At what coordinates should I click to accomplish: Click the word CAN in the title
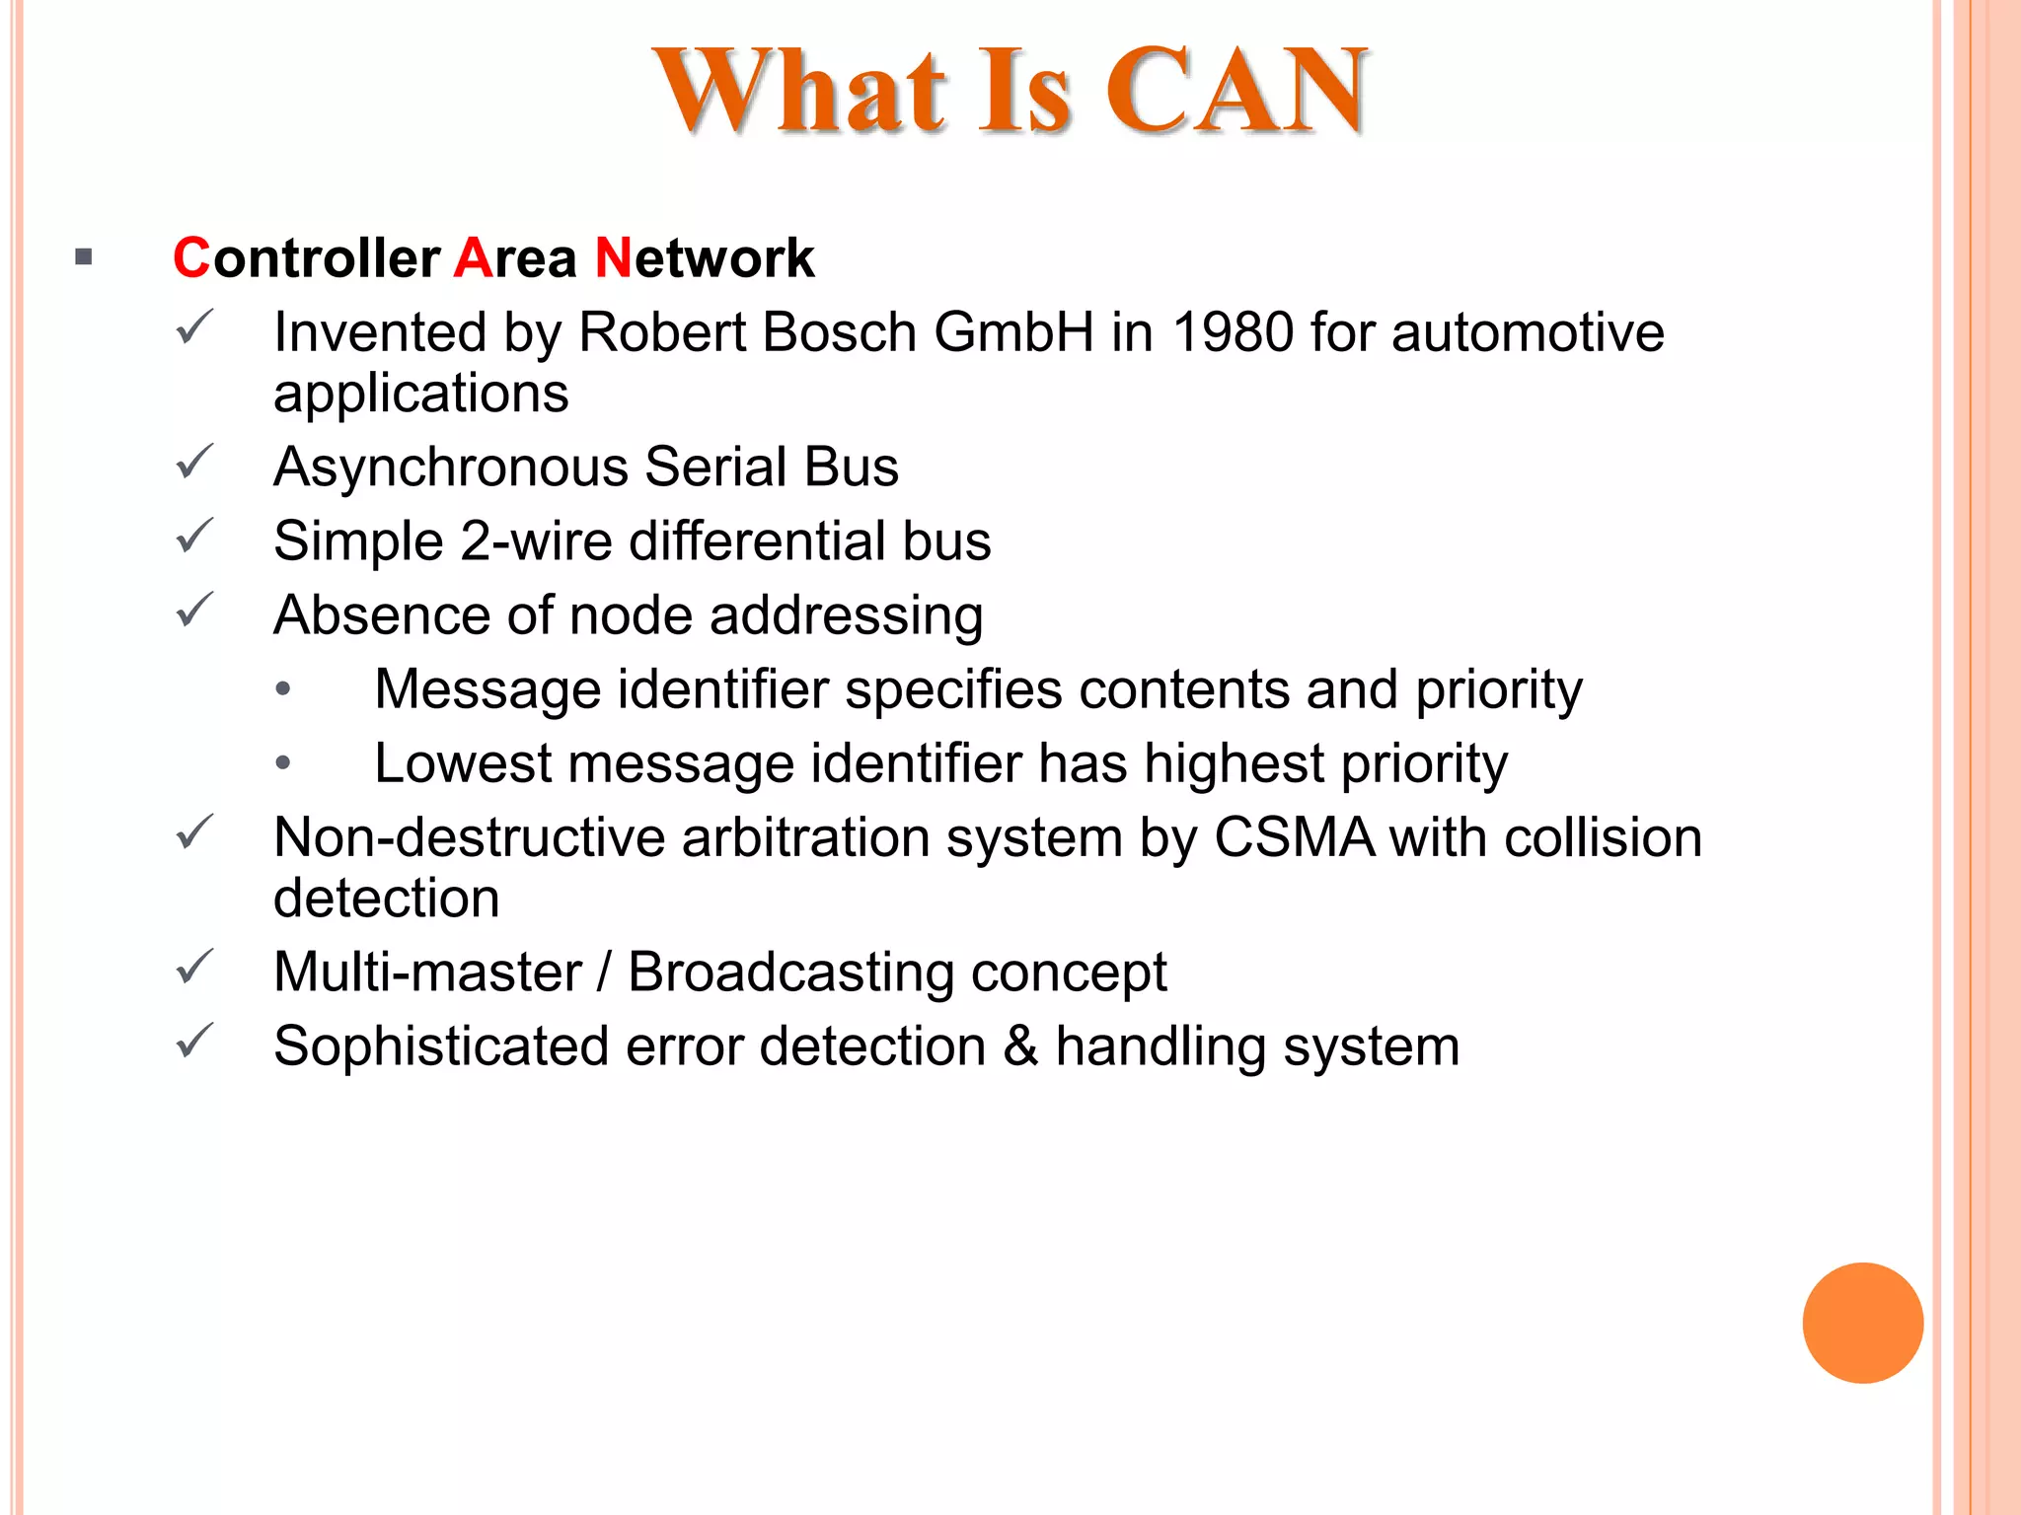1236,91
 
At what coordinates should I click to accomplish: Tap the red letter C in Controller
191,258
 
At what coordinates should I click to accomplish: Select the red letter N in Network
613,258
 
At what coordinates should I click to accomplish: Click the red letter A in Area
473,258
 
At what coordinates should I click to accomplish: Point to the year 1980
1233,332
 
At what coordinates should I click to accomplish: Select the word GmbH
1013,332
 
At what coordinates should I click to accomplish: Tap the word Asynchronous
451,468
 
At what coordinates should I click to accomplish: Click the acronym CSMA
1294,838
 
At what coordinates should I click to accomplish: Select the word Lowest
462,764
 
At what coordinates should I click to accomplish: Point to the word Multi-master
427,973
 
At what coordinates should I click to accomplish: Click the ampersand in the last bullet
1021,1046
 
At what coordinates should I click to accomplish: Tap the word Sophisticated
440,1046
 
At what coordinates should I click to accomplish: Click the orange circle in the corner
1862,1323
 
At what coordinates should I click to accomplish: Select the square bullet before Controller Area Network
84,258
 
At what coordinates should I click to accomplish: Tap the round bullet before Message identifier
283,689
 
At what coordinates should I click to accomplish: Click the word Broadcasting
790,973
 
